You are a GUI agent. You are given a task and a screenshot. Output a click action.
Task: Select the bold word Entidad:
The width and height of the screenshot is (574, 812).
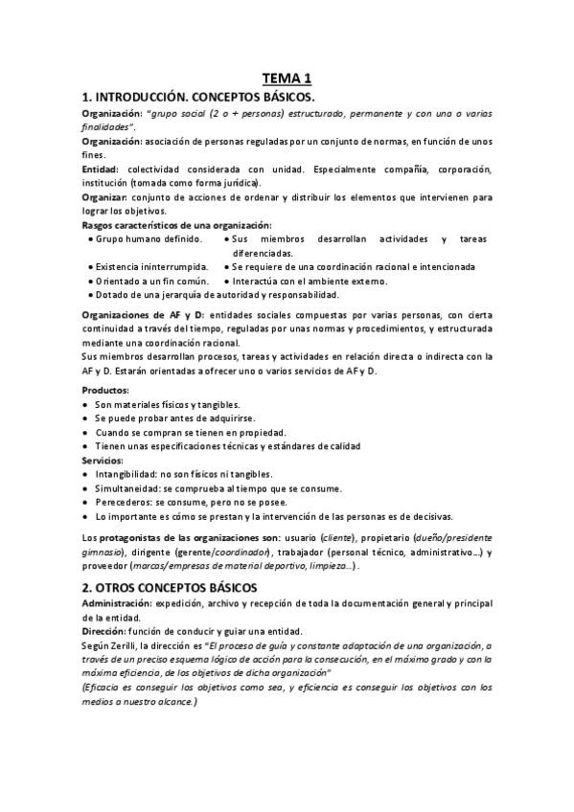(100, 169)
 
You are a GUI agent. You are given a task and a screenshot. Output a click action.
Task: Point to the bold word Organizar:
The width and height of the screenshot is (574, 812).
(106, 196)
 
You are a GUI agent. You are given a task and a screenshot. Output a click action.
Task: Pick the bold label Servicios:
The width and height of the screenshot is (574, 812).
(103, 461)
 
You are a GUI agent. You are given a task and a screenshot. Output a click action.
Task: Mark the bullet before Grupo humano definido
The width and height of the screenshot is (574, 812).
(89, 238)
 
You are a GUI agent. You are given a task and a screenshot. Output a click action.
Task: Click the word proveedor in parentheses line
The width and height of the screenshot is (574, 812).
(106, 567)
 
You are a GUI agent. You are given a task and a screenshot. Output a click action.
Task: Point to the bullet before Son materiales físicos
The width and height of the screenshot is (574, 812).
(86, 405)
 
